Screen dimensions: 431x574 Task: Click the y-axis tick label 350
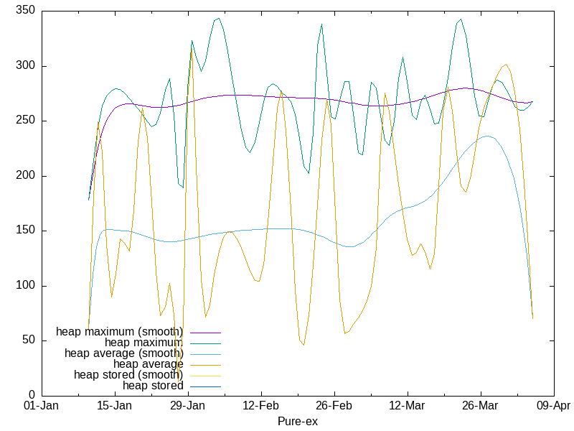pos(27,12)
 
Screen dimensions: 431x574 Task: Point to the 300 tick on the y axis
pos(27,67)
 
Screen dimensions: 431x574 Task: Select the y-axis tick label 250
pos(27,121)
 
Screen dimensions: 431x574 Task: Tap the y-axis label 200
pos(27,176)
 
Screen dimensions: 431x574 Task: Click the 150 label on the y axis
pos(27,231)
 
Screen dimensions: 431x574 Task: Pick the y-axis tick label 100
pos(27,286)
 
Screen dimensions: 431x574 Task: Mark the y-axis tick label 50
pos(29,340)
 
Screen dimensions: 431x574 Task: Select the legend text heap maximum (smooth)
pos(119,332)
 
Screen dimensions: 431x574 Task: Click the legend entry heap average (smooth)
pos(123,353)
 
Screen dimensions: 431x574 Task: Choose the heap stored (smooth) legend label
pos(128,375)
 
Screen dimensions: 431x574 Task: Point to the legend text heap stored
pos(153,386)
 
